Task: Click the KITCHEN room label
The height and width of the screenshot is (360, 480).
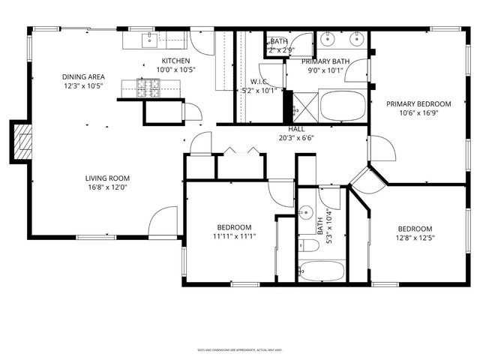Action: [x=176, y=61]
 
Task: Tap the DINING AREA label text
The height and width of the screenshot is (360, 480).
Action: [x=83, y=76]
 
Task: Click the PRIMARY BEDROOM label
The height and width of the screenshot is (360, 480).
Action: [x=418, y=104]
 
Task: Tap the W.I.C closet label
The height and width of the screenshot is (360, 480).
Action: [x=259, y=82]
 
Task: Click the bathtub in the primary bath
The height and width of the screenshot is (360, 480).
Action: [x=343, y=106]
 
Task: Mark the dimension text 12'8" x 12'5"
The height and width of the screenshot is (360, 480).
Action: [x=415, y=238]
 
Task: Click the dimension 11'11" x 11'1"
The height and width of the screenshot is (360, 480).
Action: [x=234, y=237]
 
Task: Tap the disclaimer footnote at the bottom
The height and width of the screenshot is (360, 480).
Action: [x=240, y=349]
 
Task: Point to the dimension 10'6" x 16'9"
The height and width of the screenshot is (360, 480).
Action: [x=418, y=114]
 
